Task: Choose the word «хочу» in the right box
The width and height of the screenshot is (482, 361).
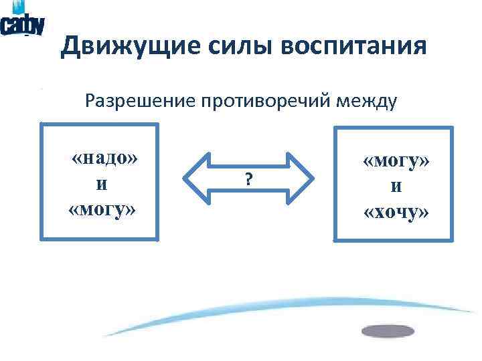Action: pyautogui.click(x=396, y=213)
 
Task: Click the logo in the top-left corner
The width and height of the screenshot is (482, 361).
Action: pyautogui.click(x=23, y=23)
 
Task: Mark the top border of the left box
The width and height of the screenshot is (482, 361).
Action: pyautogui.click(x=100, y=124)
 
